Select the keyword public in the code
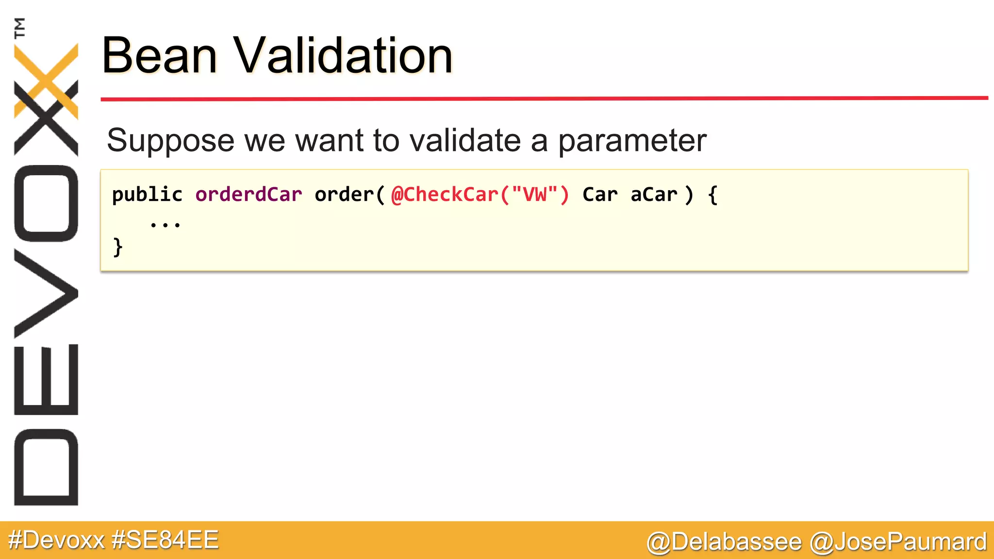click(147, 195)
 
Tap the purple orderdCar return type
click(248, 195)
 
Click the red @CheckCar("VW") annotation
click(480, 195)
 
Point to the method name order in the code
click(344, 195)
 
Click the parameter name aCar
click(653, 195)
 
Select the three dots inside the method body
click(165, 224)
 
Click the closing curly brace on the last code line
click(117, 247)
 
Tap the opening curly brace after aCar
click(712, 195)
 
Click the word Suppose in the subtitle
click(171, 141)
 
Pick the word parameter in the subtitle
click(632, 141)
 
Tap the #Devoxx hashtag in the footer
click(57, 540)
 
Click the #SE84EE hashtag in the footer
click(165, 540)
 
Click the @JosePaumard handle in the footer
click(898, 542)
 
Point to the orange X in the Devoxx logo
click(46, 80)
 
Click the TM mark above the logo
click(20, 28)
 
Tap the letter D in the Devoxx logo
click(46, 467)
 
